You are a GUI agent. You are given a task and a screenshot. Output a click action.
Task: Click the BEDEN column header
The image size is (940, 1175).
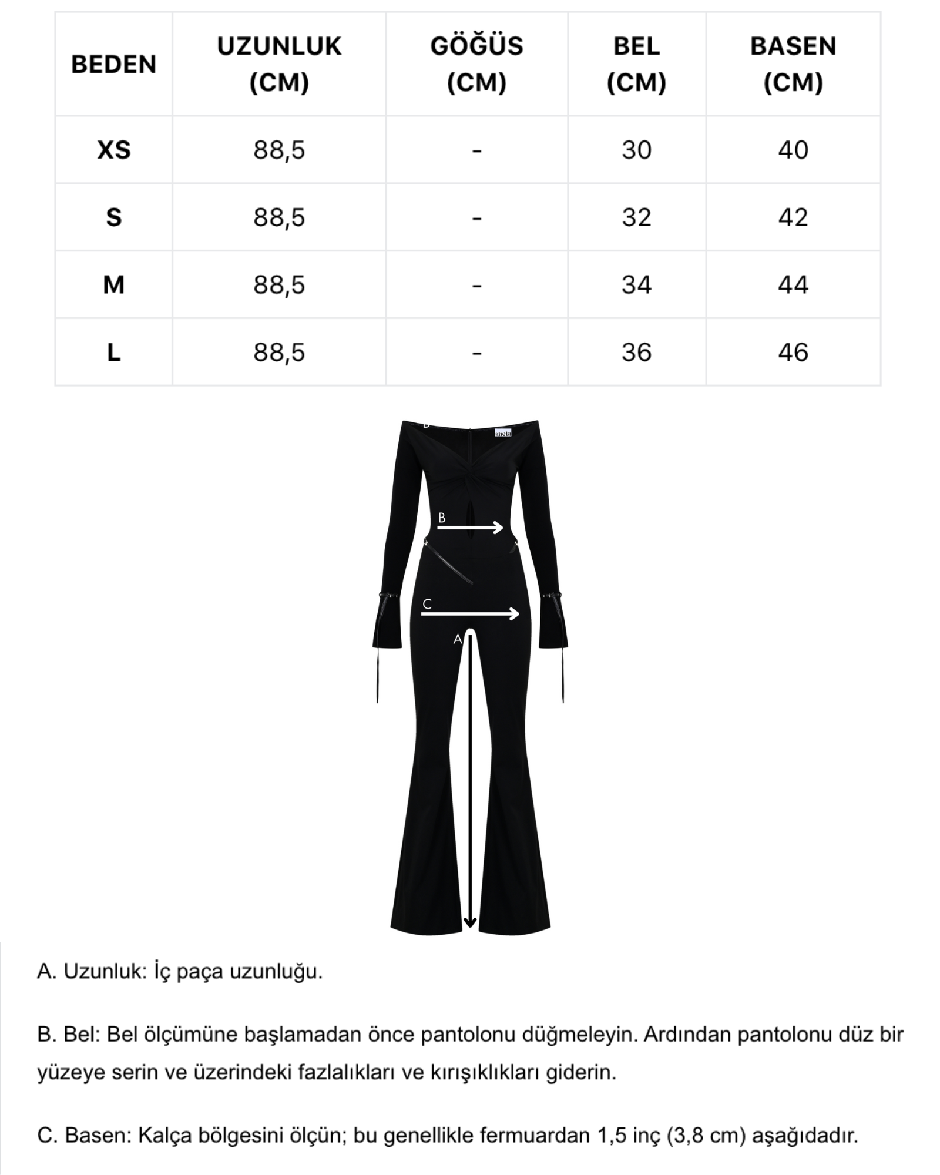pyautogui.click(x=113, y=64)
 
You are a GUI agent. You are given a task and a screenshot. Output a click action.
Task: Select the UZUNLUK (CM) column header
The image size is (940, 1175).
pyautogui.click(x=279, y=64)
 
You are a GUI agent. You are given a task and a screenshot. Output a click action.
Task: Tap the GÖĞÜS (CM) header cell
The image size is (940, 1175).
pyautogui.click(x=476, y=64)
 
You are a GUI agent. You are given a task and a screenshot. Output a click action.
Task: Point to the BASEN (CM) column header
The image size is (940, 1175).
pyautogui.click(x=793, y=64)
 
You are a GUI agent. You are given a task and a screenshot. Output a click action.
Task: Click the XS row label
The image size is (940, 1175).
pyautogui.click(x=113, y=150)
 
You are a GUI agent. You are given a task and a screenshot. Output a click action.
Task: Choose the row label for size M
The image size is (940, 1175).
pyautogui.click(x=113, y=285)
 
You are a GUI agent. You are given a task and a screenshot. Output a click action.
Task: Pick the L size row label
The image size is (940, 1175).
pyautogui.click(x=113, y=352)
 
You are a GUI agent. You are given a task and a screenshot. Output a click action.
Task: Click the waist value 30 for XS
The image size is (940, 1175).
pyautogui.click(x=636, y=150)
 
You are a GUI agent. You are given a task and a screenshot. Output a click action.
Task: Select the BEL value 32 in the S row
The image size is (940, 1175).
pyautogui.click(x=636, y=217)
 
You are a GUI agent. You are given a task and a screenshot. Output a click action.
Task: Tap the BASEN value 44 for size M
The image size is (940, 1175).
pyautogui.click(x=793, y=285)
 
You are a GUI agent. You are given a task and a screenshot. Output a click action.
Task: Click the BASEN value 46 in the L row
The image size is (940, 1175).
pyautogui.click(x=793, y=352)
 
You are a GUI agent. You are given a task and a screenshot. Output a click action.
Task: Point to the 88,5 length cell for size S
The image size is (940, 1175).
pyautogui.click(x=279, y=217)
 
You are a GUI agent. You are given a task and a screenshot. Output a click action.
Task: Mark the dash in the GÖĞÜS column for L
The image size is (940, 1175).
pyautogui.click(x=476, y=353)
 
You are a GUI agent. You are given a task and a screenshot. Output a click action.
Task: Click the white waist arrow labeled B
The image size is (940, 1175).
pyautogui.click(x=471, y=528)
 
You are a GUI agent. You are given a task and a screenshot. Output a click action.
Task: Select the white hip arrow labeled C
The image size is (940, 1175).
pyautogui.click(x=471, y=614)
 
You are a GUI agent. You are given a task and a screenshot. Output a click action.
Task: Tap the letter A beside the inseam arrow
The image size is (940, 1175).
pyautogui.click(x=458, y=640)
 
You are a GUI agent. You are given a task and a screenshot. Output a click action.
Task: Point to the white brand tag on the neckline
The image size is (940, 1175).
pyautogui.click(x=503, y=432)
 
